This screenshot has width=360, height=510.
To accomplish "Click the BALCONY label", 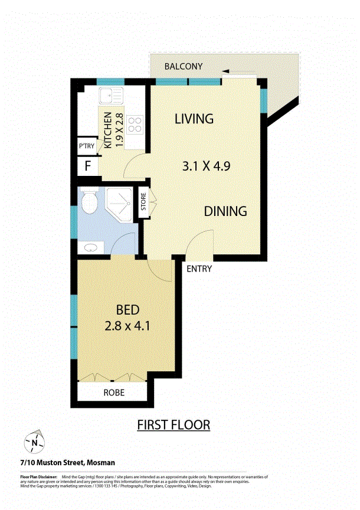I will pos(184,67).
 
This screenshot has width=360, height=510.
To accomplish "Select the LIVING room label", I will pos(194,119).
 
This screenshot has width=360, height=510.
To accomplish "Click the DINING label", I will pos(225,211).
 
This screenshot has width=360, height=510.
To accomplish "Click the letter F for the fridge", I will pos(87,166).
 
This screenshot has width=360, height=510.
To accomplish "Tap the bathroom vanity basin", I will pos(91,248).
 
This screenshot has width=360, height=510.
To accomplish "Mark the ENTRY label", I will pos(199,269).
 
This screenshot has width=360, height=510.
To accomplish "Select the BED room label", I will pos(127,310).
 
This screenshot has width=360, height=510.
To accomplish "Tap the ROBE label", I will pos(114,393).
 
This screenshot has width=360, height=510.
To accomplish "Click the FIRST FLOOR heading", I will pos(174,424).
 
